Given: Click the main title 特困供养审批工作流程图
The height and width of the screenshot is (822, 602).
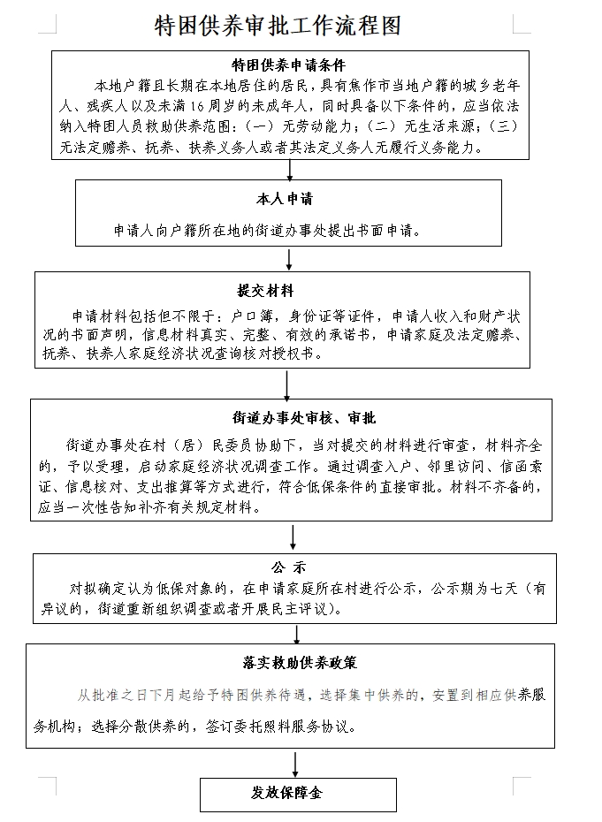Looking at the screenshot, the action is [x=278, y=25].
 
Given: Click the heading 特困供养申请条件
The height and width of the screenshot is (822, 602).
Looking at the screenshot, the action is [x=289, y=65].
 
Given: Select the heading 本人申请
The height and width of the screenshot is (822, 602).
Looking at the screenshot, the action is [x=285, y=199].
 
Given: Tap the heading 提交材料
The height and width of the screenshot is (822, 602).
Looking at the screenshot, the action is [x=265, y=291].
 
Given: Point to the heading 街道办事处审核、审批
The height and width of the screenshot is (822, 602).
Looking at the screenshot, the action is [x=304, y=418].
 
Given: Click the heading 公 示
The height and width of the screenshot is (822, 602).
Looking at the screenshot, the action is [x=289, y=567].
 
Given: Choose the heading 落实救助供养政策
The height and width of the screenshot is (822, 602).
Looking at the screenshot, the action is [x=300, y=663].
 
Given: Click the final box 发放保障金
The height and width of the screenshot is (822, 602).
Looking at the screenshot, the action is [x=298, y=795].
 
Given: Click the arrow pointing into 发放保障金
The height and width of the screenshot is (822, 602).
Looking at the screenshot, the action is [x=295, y=764].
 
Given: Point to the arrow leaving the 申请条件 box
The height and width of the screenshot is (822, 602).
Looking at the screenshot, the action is [x=289, y=170].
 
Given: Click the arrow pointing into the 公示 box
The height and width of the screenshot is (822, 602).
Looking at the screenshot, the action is [x=293, y=537].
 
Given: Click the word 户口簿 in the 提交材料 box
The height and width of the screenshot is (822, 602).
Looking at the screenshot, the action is [x=253, y=316].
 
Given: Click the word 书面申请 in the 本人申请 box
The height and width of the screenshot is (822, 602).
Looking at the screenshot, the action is [x=385, y=230].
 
